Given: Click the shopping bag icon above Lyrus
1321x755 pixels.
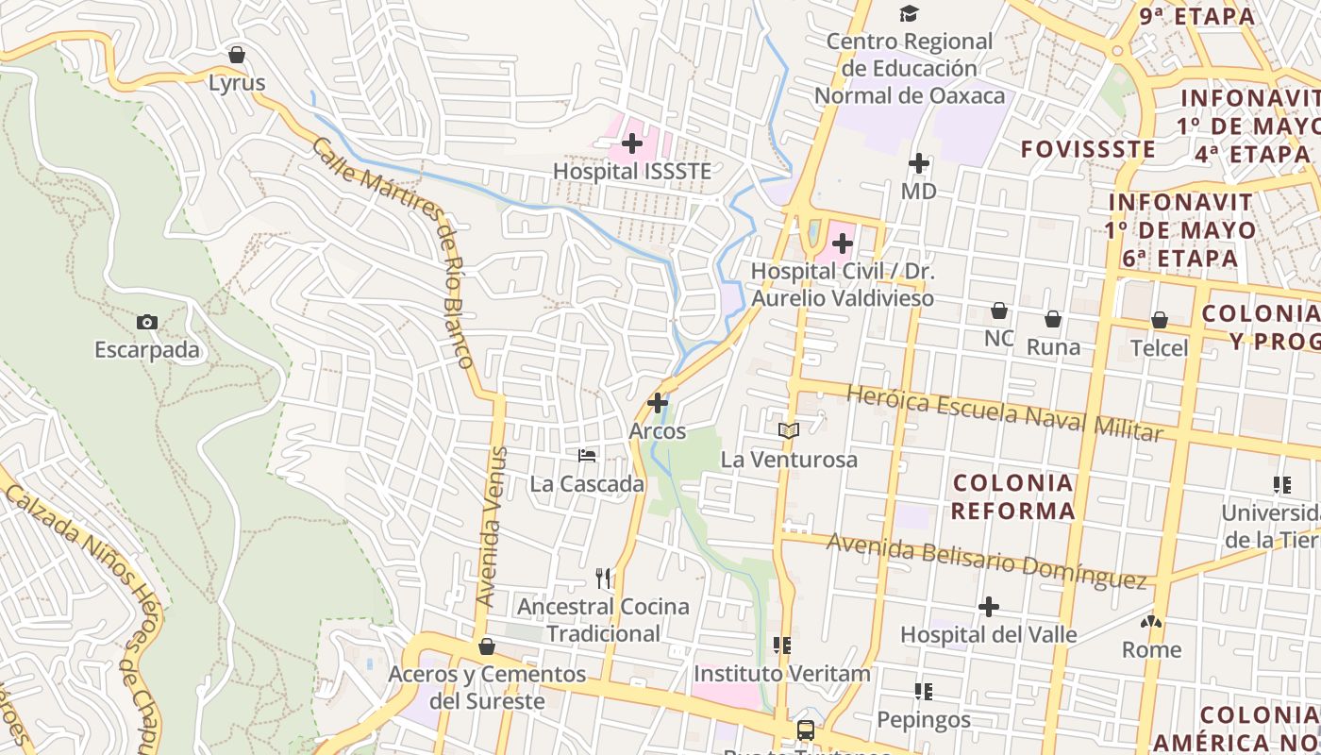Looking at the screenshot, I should point(237,55).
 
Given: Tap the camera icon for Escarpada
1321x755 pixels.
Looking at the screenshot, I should point(146,322).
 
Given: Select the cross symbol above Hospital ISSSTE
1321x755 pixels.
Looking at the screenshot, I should point(632,143).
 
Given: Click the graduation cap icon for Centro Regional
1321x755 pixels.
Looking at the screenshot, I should point(909,13).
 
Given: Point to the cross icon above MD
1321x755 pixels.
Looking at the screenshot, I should point(918,163).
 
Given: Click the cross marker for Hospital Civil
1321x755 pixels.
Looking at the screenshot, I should point(842,243).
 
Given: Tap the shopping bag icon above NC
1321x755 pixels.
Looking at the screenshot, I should point(998,310).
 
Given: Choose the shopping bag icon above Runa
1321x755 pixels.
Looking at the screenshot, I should point(1052,319).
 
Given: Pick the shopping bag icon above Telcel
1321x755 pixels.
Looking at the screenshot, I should point(1159,320).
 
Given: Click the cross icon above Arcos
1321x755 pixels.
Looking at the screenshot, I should point(658,403).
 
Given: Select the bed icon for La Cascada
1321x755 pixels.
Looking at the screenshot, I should point(587,456).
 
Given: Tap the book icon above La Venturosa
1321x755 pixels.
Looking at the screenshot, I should point(789,431).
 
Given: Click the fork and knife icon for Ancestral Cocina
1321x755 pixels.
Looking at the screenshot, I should point(603,578).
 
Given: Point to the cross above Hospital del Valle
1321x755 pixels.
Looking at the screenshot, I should point(988,606).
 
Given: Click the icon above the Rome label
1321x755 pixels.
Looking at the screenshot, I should point(1151,622).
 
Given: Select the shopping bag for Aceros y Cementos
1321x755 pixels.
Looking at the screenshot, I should point(487,646).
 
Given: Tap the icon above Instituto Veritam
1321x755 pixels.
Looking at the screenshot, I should point(781,646).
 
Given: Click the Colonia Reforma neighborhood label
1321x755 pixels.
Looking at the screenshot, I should point(1012,497).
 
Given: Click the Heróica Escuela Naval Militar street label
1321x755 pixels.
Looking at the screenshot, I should point(1004,412).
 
